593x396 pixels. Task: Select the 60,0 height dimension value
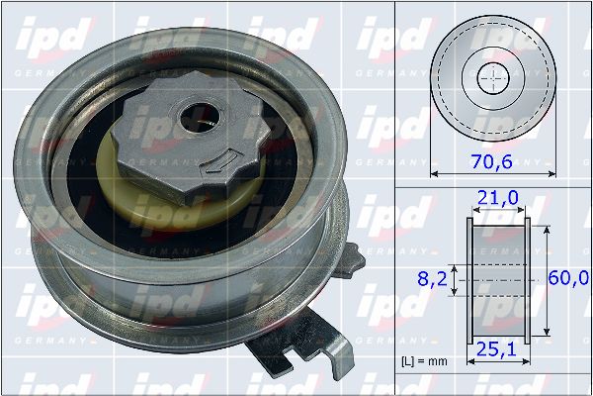point(569,280)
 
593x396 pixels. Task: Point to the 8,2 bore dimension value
point(433,280)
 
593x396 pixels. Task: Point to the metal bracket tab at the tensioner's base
point(326,342)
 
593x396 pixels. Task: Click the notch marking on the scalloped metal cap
point(228,159)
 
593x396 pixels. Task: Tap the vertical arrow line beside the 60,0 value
point(548,281)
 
